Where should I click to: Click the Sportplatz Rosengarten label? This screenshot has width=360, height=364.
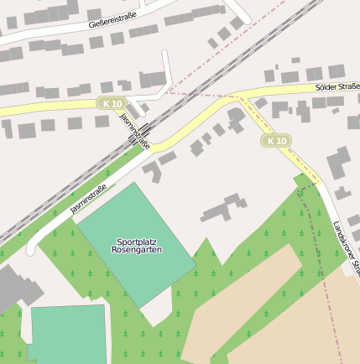tap(137, 245)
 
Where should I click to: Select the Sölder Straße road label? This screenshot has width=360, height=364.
tap(337, 86)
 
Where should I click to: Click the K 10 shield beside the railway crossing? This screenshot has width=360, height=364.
tap(110, 102)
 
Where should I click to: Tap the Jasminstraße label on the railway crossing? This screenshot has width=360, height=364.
tap(135, 130)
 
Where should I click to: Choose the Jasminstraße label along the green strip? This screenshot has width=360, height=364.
tap(88, 199)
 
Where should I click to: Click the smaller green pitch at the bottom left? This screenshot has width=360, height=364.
tap(68, 335)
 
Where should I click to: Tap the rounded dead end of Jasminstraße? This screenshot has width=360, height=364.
tap(31, 249)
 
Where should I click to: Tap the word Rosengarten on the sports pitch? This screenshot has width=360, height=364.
tap(137, 250)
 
